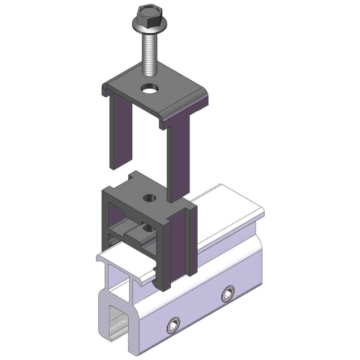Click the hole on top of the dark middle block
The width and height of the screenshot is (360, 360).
[148, 198]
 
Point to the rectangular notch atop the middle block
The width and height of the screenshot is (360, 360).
[134, 176]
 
